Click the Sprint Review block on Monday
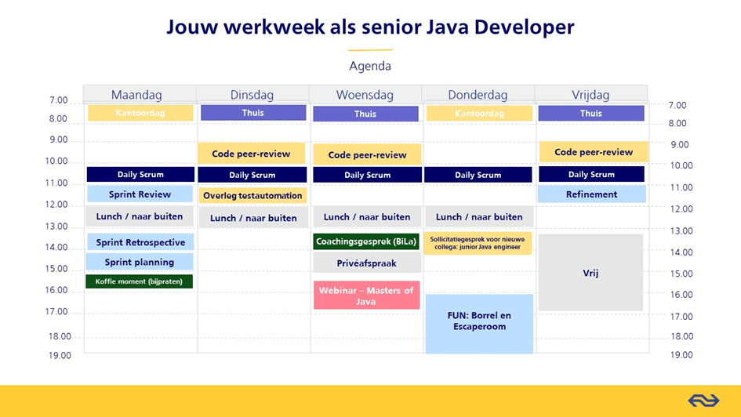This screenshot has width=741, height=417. point(140,194)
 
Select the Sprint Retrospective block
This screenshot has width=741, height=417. point(140,242)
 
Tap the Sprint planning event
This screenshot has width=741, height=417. point(140,263)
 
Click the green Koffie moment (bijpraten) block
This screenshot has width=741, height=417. point(139,281)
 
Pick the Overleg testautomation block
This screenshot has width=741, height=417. point(252,196)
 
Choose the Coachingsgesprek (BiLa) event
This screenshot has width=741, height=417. point(366,241)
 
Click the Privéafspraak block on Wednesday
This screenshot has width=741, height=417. point(366,263)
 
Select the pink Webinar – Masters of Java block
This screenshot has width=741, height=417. point(366,296)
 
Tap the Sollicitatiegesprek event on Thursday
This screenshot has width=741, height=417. point(478,243)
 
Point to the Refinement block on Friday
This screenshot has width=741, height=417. point(591,194)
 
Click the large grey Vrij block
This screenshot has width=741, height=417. point(591,274)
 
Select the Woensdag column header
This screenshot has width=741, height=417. point(365,95)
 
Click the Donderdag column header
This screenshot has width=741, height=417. point(478,95)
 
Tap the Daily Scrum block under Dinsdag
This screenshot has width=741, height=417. point(252,175)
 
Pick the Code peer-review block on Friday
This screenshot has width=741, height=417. point(593,152)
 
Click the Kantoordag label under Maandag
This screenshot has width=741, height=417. point(140,113)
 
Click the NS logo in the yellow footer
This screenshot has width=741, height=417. point(703,401)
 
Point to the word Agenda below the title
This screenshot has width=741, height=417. point(370,66)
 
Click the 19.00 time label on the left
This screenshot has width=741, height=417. point(60,355)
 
